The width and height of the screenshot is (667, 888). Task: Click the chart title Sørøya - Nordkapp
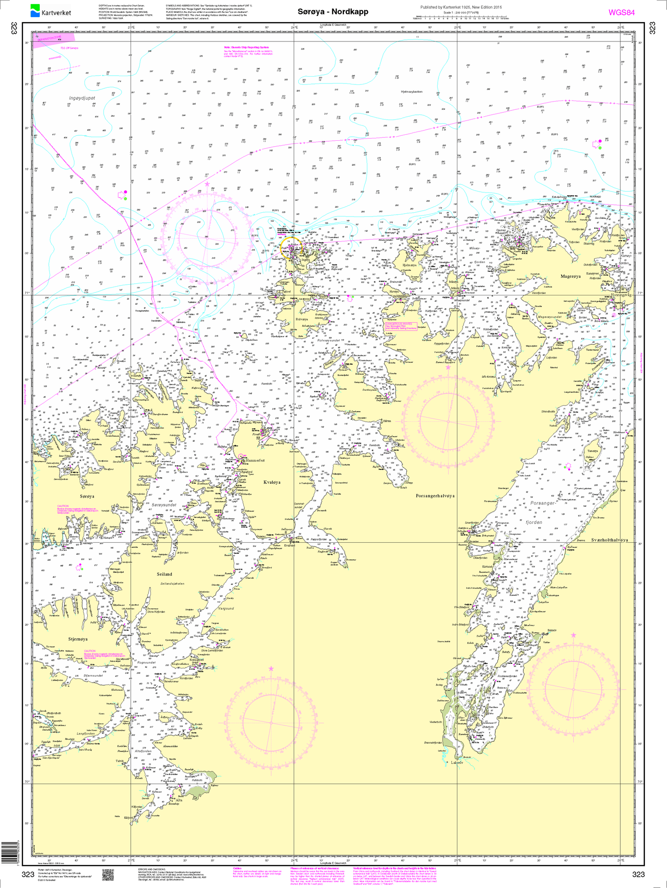pyautogui.click(x=333, y=12)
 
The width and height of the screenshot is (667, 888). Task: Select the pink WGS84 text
pyautogui.click(x=621, y=12)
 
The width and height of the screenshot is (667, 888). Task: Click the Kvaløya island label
pyautogui.click(x=272, y=482)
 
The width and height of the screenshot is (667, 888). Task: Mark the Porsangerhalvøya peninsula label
pyautogui.click(x=435, y=496)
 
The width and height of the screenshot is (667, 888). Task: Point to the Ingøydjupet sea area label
pyautogui.click(x=82, y=98)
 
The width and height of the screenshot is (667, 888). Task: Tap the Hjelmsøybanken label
pyautogui.click(x=412, y=92)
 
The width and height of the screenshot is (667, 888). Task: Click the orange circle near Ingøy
pyautogui.click(x=291, y=245)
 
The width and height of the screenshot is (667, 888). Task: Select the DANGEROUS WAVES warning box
pyautogui.click(x=401, y=326)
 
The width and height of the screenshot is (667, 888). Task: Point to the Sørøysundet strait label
pyautogui.click(x=164, y=505)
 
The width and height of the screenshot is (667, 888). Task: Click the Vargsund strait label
pyautogui.click(x=226, y=608)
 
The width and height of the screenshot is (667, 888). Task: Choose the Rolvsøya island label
pyautogui.click(x=301, y=319)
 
